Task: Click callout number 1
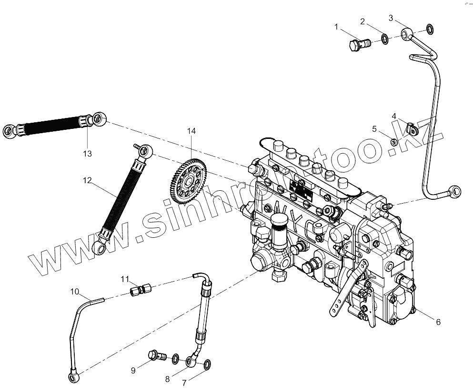pos(337,27)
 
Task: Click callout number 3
pos(391,18)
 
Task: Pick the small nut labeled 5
pos(394,141)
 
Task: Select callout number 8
pos(167,379)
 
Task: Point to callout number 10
pos(75,292)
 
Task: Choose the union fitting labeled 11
pos(140,289)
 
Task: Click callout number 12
pos(87,181)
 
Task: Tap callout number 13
pos(87,154)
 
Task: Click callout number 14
pos(191,131)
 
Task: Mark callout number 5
pos(374,128)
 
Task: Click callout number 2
pos(362,21)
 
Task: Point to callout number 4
pos(394,116)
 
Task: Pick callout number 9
pos(134,370)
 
